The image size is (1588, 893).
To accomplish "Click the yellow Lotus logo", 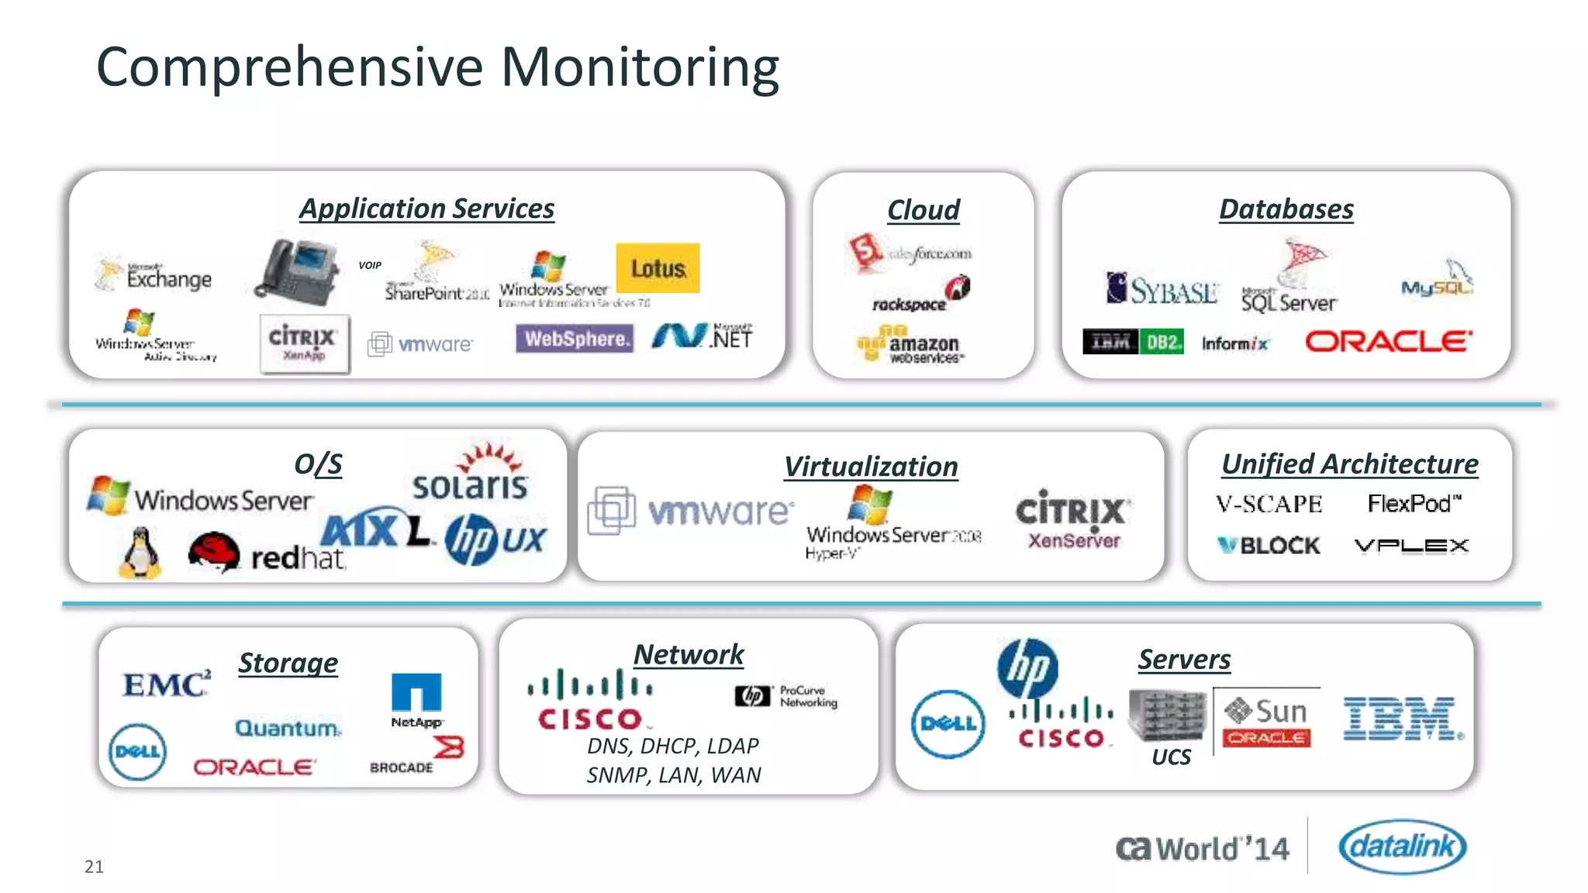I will (x=658, y=268).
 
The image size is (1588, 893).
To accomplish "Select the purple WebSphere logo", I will (x=575, y=339).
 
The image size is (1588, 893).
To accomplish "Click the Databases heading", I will (x=1286, y=209).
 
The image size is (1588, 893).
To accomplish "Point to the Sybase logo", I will (x=1162, y=289).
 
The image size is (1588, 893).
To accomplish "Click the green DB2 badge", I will (x=1162, y=342).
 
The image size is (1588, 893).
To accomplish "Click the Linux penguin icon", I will (x=140, y=553).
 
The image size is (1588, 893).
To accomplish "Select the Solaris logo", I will (x=471, y=474).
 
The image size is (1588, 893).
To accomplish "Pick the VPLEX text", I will (x=1411, y=546).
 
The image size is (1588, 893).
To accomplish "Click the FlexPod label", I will (x=1414, y=504).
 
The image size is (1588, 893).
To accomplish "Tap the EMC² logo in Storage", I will (x=167, y=684).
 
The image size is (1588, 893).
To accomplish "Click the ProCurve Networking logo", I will (x=786, y=696).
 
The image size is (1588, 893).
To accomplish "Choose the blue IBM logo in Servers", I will (x=1402, y=719).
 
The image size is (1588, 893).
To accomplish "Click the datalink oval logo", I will (x=1402, y=846).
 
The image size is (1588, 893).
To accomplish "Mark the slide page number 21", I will (x=94, y=867).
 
